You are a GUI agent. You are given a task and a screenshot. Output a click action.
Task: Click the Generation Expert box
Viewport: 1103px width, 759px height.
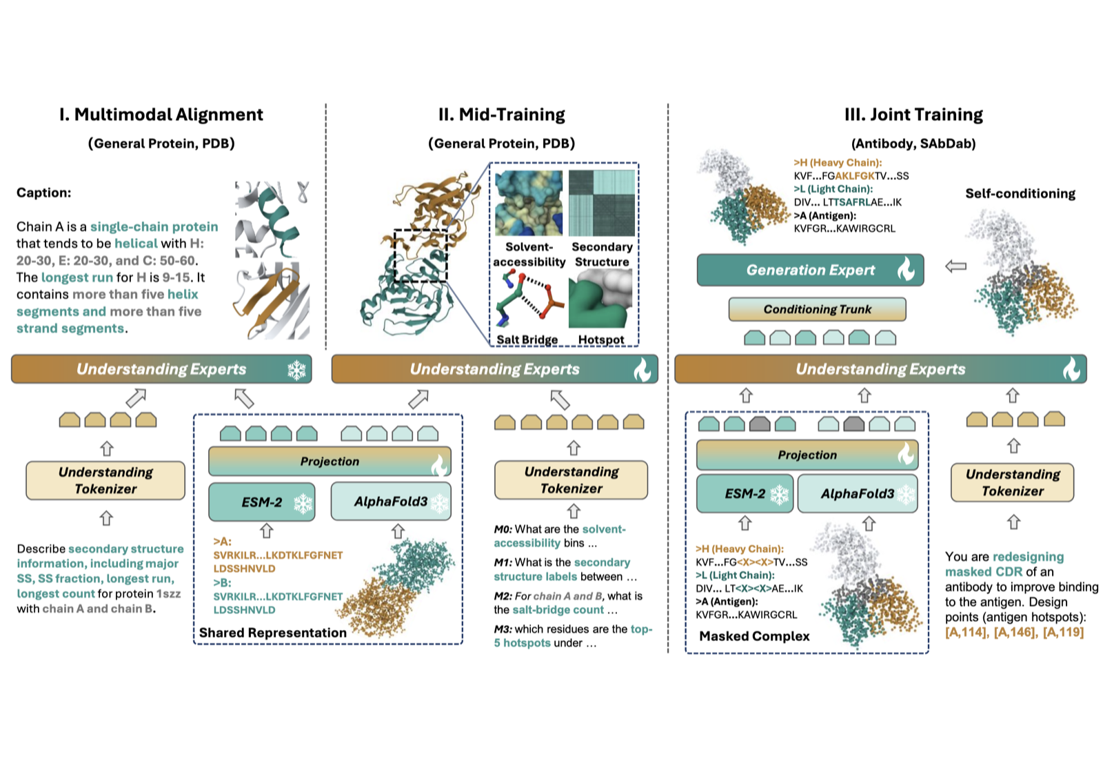(810, 270)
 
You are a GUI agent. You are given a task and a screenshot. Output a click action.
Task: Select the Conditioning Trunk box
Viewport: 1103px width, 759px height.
(817, 310)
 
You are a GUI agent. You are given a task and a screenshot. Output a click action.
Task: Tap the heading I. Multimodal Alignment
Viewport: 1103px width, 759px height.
(161, 115)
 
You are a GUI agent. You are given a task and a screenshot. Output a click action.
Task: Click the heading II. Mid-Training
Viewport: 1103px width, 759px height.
(501, 115)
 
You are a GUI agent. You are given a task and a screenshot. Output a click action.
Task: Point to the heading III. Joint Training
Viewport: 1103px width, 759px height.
(913, 115)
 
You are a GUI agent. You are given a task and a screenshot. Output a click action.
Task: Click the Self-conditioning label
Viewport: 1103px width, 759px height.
(1020, 194)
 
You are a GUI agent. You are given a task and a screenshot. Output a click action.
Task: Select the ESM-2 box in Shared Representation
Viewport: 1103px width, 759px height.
(261, 502)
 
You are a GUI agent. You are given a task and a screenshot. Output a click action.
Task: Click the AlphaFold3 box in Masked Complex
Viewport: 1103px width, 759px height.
(858, 494)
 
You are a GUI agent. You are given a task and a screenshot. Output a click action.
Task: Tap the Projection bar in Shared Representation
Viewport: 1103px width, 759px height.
(330, 462)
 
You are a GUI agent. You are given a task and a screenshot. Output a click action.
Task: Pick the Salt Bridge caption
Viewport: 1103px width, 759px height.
(527, 339)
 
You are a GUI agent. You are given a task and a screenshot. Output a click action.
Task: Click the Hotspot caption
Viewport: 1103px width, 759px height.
(600, 339)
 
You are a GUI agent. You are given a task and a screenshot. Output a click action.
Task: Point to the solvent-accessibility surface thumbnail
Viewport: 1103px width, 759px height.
(529, 203)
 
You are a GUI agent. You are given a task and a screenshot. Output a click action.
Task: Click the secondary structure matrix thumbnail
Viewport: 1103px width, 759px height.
(602, 203)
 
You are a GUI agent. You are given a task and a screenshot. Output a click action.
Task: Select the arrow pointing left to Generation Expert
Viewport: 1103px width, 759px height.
(955, 266)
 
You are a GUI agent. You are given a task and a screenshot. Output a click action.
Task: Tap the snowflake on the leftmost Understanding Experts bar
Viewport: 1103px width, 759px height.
(296, 370)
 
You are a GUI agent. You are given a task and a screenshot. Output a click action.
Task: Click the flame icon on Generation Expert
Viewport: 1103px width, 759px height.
(906, 270)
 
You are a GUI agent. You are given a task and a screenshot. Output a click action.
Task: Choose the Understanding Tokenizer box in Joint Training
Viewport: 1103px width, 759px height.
(1013, 482)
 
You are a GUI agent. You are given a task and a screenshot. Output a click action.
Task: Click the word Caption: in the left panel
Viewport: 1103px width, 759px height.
(44, 193)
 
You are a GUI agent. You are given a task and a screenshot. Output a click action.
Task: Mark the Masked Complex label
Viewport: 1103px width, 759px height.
(754, 636)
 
